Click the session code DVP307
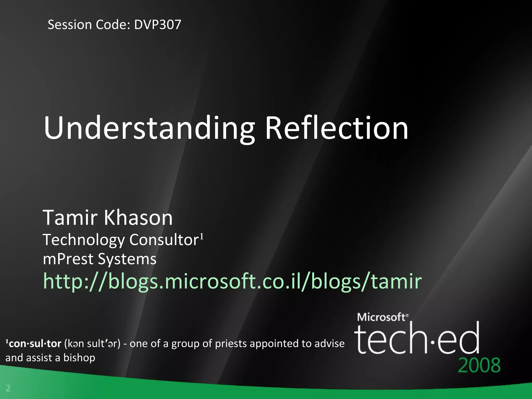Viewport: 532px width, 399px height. pos(157,25)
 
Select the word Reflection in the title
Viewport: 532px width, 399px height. pos(336,128)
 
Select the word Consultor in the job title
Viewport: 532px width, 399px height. pos(164,240)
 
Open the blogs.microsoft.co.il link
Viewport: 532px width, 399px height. pos(232,281)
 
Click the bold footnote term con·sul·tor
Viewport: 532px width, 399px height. pos(35,344)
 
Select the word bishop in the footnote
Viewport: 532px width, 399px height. pos(79,358)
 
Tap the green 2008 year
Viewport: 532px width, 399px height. pos(479,365)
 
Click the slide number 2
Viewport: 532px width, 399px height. pos(8,388)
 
